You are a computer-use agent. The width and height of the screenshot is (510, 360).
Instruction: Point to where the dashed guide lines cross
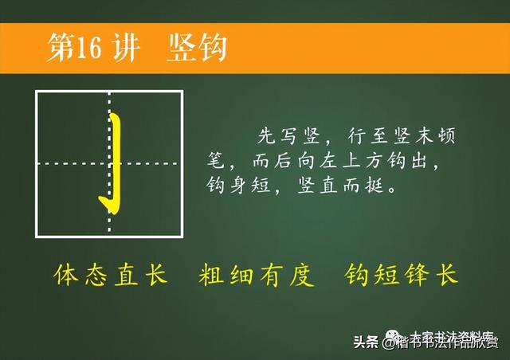coord(110,163)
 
